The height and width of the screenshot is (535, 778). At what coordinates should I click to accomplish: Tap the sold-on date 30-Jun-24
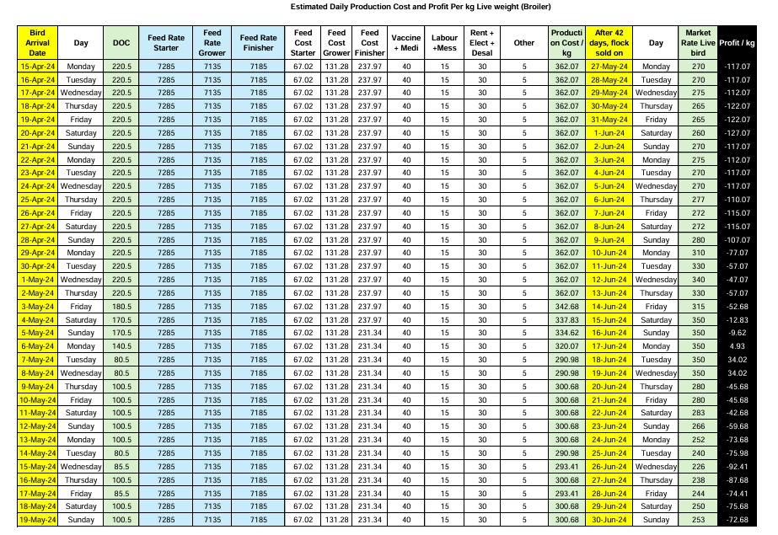(x=607, y=521)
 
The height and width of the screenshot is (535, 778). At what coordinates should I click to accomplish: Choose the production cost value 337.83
(x=565, y=319)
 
